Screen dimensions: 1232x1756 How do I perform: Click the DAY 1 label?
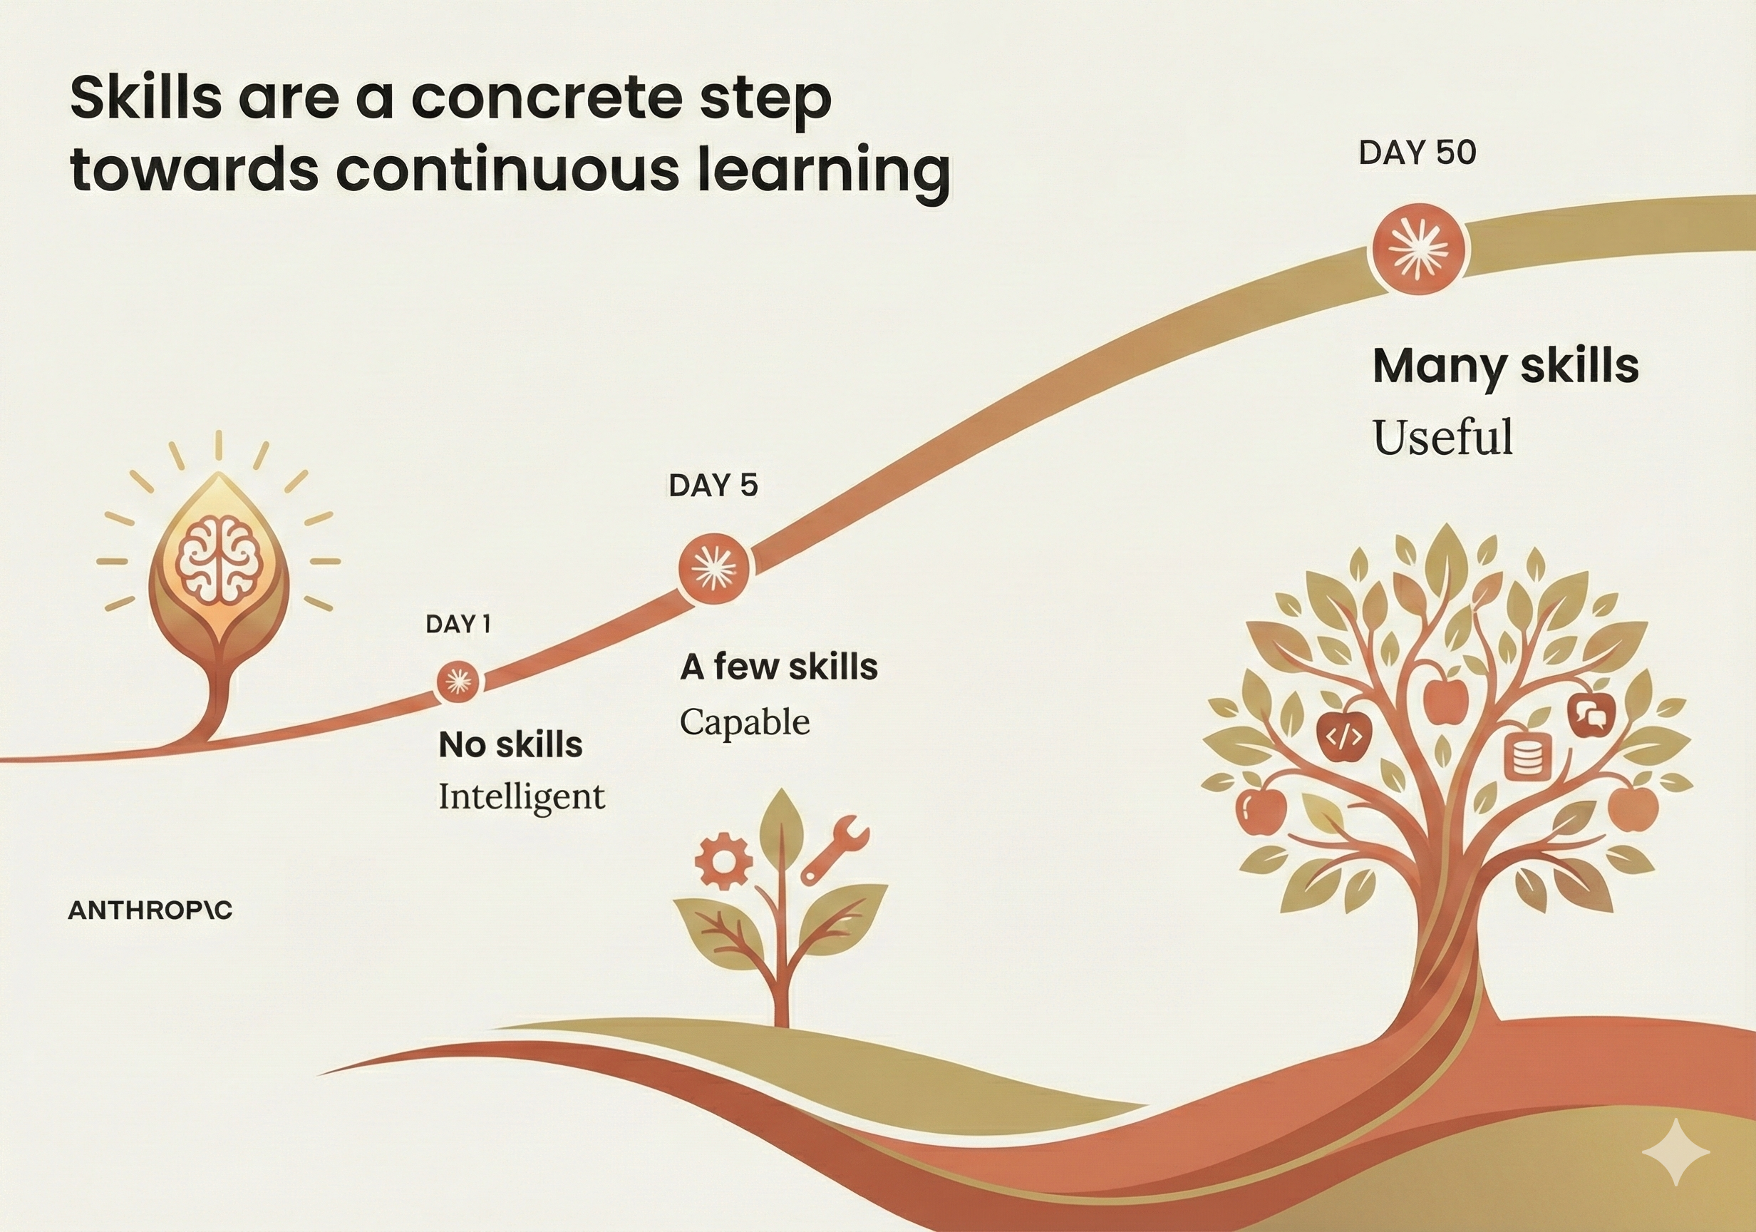point(458,625)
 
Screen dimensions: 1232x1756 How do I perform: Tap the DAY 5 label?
point(713,485)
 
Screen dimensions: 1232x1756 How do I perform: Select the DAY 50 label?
point(1417,153)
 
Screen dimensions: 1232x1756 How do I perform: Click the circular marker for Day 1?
point(458,681)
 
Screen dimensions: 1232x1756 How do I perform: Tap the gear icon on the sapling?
point(723,861)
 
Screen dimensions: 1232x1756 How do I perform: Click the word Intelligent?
point(522,796)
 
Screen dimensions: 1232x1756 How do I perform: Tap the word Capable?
point(744,722)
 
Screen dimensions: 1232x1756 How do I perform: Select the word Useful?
point(1443,437)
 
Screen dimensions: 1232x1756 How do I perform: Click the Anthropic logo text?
point(150,910)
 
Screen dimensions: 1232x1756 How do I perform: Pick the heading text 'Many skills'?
point(1506,366)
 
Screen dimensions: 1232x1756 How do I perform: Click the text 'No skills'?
point(510,744)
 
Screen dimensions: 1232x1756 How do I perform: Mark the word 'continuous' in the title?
point(506,169)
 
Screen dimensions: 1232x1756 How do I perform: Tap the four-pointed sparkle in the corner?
point(1675,1152)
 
